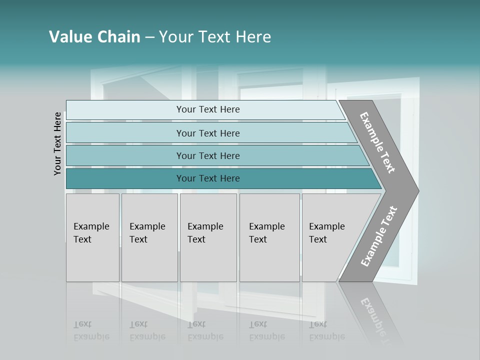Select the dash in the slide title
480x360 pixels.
click(149, 37)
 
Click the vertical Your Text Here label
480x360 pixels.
click(57, 143)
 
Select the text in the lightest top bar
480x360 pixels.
click(208, 109)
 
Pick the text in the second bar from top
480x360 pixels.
click(208, 133)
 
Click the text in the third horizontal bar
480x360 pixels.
click(208, 156)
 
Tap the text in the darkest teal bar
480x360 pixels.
click(208, 178)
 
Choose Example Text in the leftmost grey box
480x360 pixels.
click(91, 233)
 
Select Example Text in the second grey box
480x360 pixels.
click(147, 233)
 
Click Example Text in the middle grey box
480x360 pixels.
click(205, 233)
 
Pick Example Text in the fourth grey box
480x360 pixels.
click(266, 233)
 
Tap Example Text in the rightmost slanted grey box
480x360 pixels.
click(326, 233)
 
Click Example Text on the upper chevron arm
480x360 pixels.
click(377, 142)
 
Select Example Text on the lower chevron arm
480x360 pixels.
click(378, 236)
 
